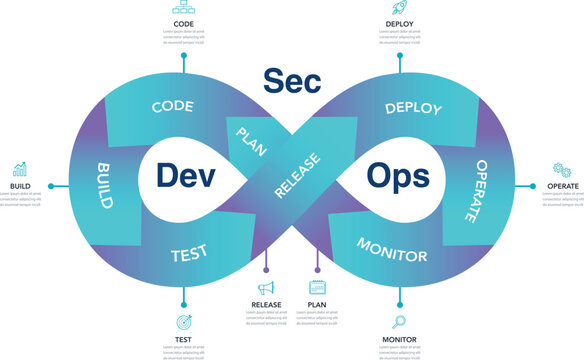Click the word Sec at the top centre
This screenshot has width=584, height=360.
coord(293,81)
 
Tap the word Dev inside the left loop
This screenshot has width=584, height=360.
coord(185,176)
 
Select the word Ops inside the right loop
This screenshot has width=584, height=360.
coord(398,176)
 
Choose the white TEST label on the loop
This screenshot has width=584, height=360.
coord(189,254)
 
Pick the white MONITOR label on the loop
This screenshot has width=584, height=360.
coord(392,250)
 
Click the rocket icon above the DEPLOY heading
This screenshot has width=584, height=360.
coord(399,8)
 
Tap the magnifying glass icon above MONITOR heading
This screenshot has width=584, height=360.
coord(399,322)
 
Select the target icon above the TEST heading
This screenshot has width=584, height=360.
coord(184,323)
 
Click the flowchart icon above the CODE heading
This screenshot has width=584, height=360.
coord(184,8)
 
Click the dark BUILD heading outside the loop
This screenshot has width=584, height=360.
coord(19,186)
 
